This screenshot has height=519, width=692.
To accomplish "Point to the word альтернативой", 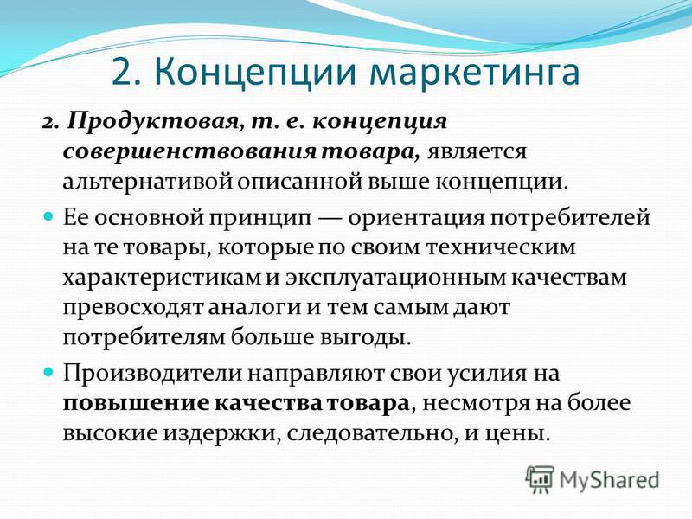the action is [x=147, y=182].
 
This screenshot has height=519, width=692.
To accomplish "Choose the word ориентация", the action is [x=416, y=219].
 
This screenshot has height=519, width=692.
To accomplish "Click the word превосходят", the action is [x=133, y=308].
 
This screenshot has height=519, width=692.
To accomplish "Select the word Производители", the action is [x=152, y=374].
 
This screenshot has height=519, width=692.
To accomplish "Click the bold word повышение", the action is [x=136, y=404].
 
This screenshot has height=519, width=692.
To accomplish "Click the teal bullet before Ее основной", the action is [x=49, y=217].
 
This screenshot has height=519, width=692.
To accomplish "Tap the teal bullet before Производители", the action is [x=49, y=372].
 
